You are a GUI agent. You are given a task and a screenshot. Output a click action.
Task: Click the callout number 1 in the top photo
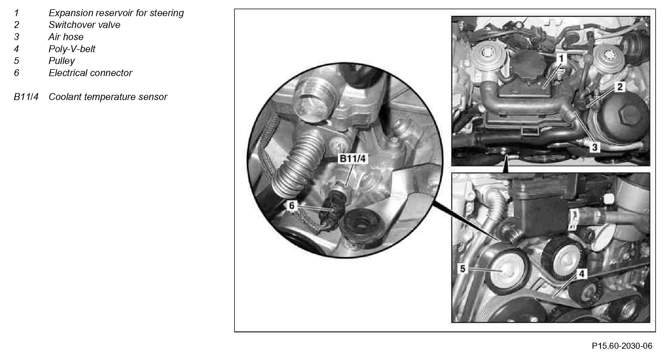[561, 59]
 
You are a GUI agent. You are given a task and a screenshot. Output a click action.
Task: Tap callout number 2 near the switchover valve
[620, 87]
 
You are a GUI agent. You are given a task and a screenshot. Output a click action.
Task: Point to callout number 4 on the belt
[582, 274]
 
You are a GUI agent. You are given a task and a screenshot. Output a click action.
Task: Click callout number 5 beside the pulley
[463, 269]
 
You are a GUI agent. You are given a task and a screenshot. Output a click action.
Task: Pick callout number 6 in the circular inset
[292, 206]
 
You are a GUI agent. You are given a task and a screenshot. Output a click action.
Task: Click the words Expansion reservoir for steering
[116, 13]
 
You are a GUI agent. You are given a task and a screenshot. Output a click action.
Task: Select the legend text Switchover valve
[84, 25]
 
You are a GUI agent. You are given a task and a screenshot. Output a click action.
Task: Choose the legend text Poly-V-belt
[72, 49]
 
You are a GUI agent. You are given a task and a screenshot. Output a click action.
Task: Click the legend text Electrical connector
[90, 73]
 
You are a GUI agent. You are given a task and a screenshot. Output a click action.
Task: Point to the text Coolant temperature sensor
[108, 97]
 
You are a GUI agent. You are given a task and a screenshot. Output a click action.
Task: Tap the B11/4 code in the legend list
[26, 97]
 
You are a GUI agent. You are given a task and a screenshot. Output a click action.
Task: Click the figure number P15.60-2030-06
[622, 346]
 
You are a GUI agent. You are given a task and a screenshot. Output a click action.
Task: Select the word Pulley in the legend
[62, 61]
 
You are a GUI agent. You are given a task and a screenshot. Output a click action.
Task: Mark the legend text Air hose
[66, 37]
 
